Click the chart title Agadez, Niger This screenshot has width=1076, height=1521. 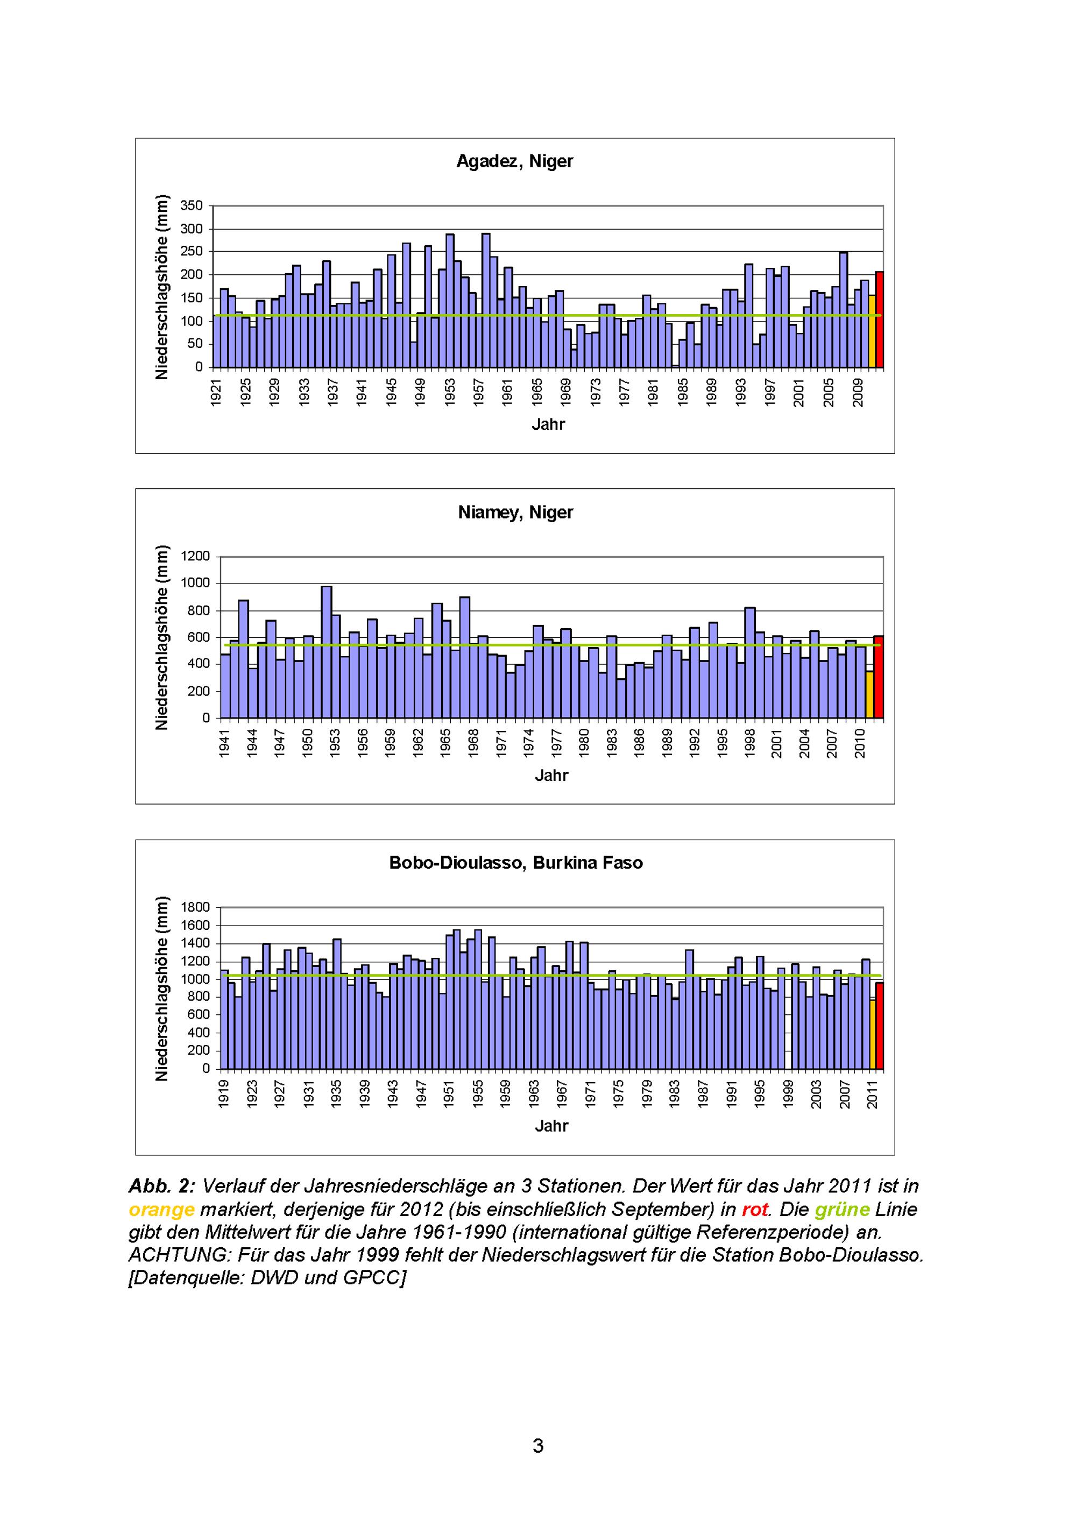(514, 162)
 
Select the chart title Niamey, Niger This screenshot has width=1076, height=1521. (515, 512)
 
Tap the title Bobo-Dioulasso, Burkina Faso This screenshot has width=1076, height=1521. (515, 863)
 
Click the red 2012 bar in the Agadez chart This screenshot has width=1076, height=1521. (879, 319)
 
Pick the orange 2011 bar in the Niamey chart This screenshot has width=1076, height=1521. (869, 694)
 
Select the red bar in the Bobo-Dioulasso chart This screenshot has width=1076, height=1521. (879, 1026)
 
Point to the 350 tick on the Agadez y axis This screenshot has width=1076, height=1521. (192, 206)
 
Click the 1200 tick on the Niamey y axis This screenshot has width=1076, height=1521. (195, 557)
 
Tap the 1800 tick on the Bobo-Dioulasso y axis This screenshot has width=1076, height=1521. (195, 907)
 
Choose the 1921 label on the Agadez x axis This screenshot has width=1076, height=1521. (216, 392)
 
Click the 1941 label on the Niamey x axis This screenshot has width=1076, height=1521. (224, 743)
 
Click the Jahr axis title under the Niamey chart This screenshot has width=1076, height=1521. (551, 775)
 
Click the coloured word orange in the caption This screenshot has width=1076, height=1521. (161, 1210)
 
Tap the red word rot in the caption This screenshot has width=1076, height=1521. (755, 1210)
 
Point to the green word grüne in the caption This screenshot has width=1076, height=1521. (841, 1210)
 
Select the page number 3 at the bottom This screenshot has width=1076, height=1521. (538, 1446)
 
